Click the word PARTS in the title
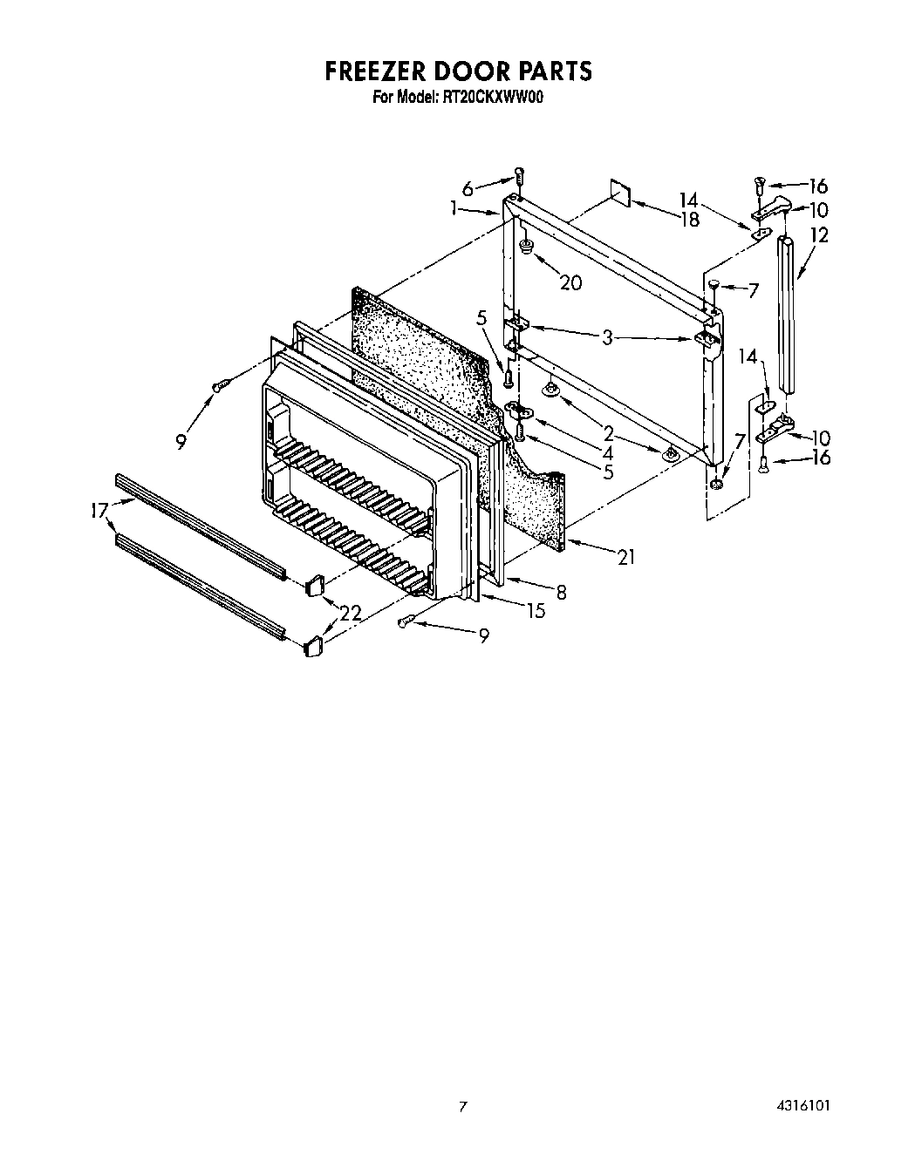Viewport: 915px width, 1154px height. [550, 71]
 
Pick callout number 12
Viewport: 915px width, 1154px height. [819, 234]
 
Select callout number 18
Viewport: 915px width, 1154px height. [689, 220]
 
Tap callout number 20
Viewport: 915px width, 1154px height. [570, 282]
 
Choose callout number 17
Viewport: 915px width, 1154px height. [99, 512]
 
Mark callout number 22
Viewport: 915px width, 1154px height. [351, 614]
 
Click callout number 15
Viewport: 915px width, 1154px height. [536, 611]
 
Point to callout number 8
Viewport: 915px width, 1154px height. [561, 593]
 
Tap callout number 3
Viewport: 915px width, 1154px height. [607, 336]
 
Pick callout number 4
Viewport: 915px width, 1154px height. [607, 453]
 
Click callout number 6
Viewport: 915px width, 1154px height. [468, 188]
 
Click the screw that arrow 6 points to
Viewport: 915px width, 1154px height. [519, 176]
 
